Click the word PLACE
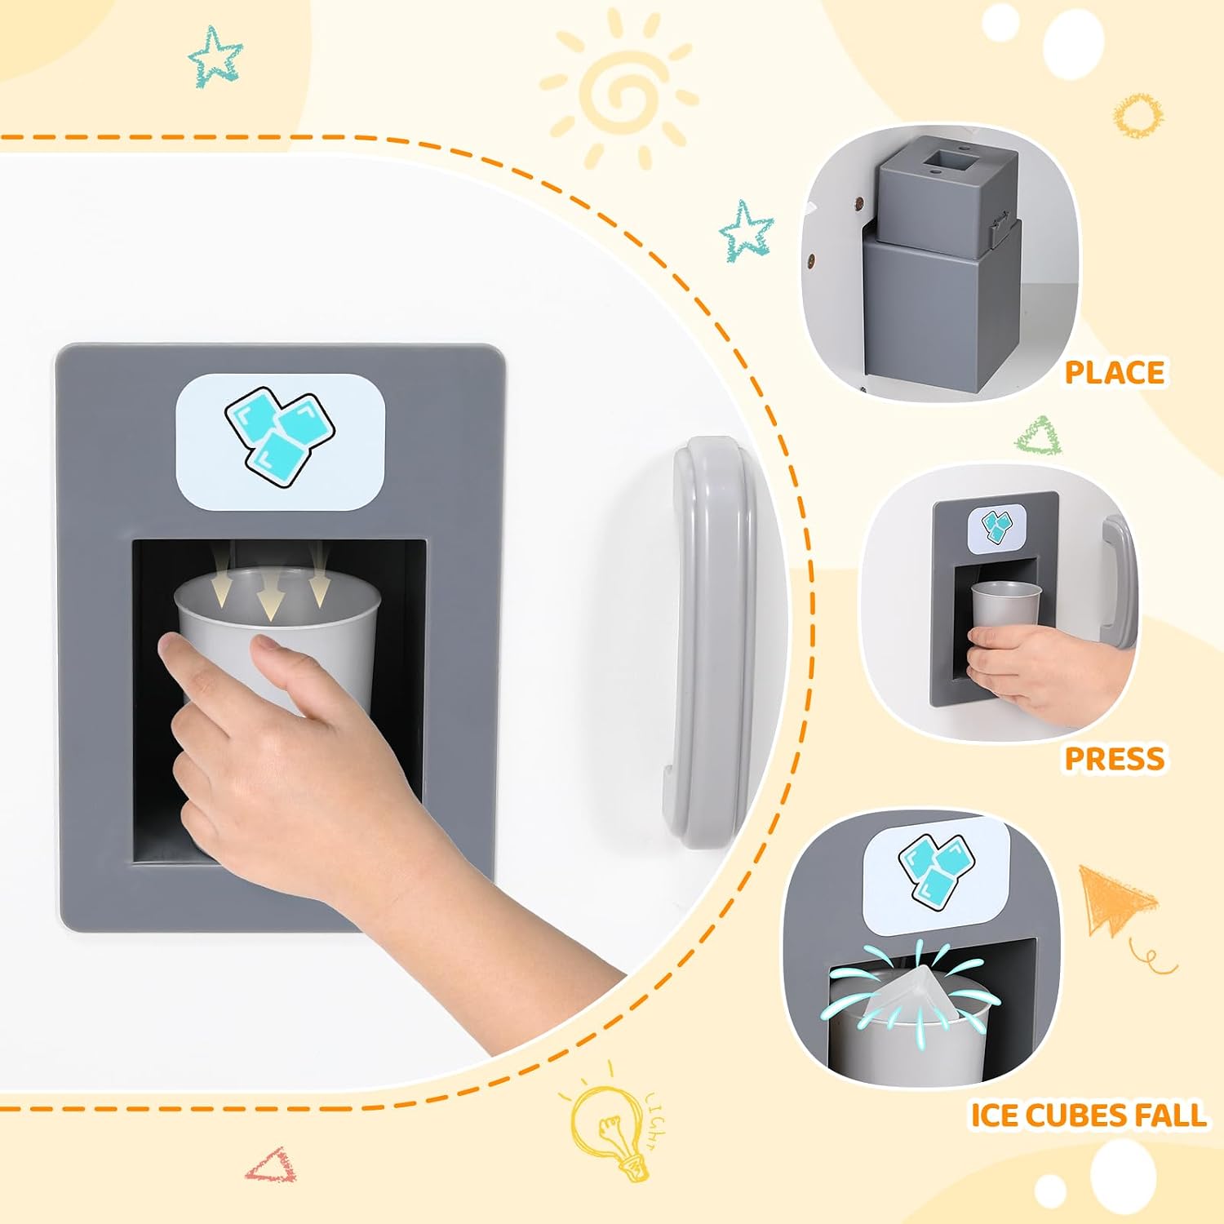1115,372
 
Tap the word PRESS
1115,758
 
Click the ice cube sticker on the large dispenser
280,441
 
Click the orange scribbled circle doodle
1138,115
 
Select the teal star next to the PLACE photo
745,230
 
